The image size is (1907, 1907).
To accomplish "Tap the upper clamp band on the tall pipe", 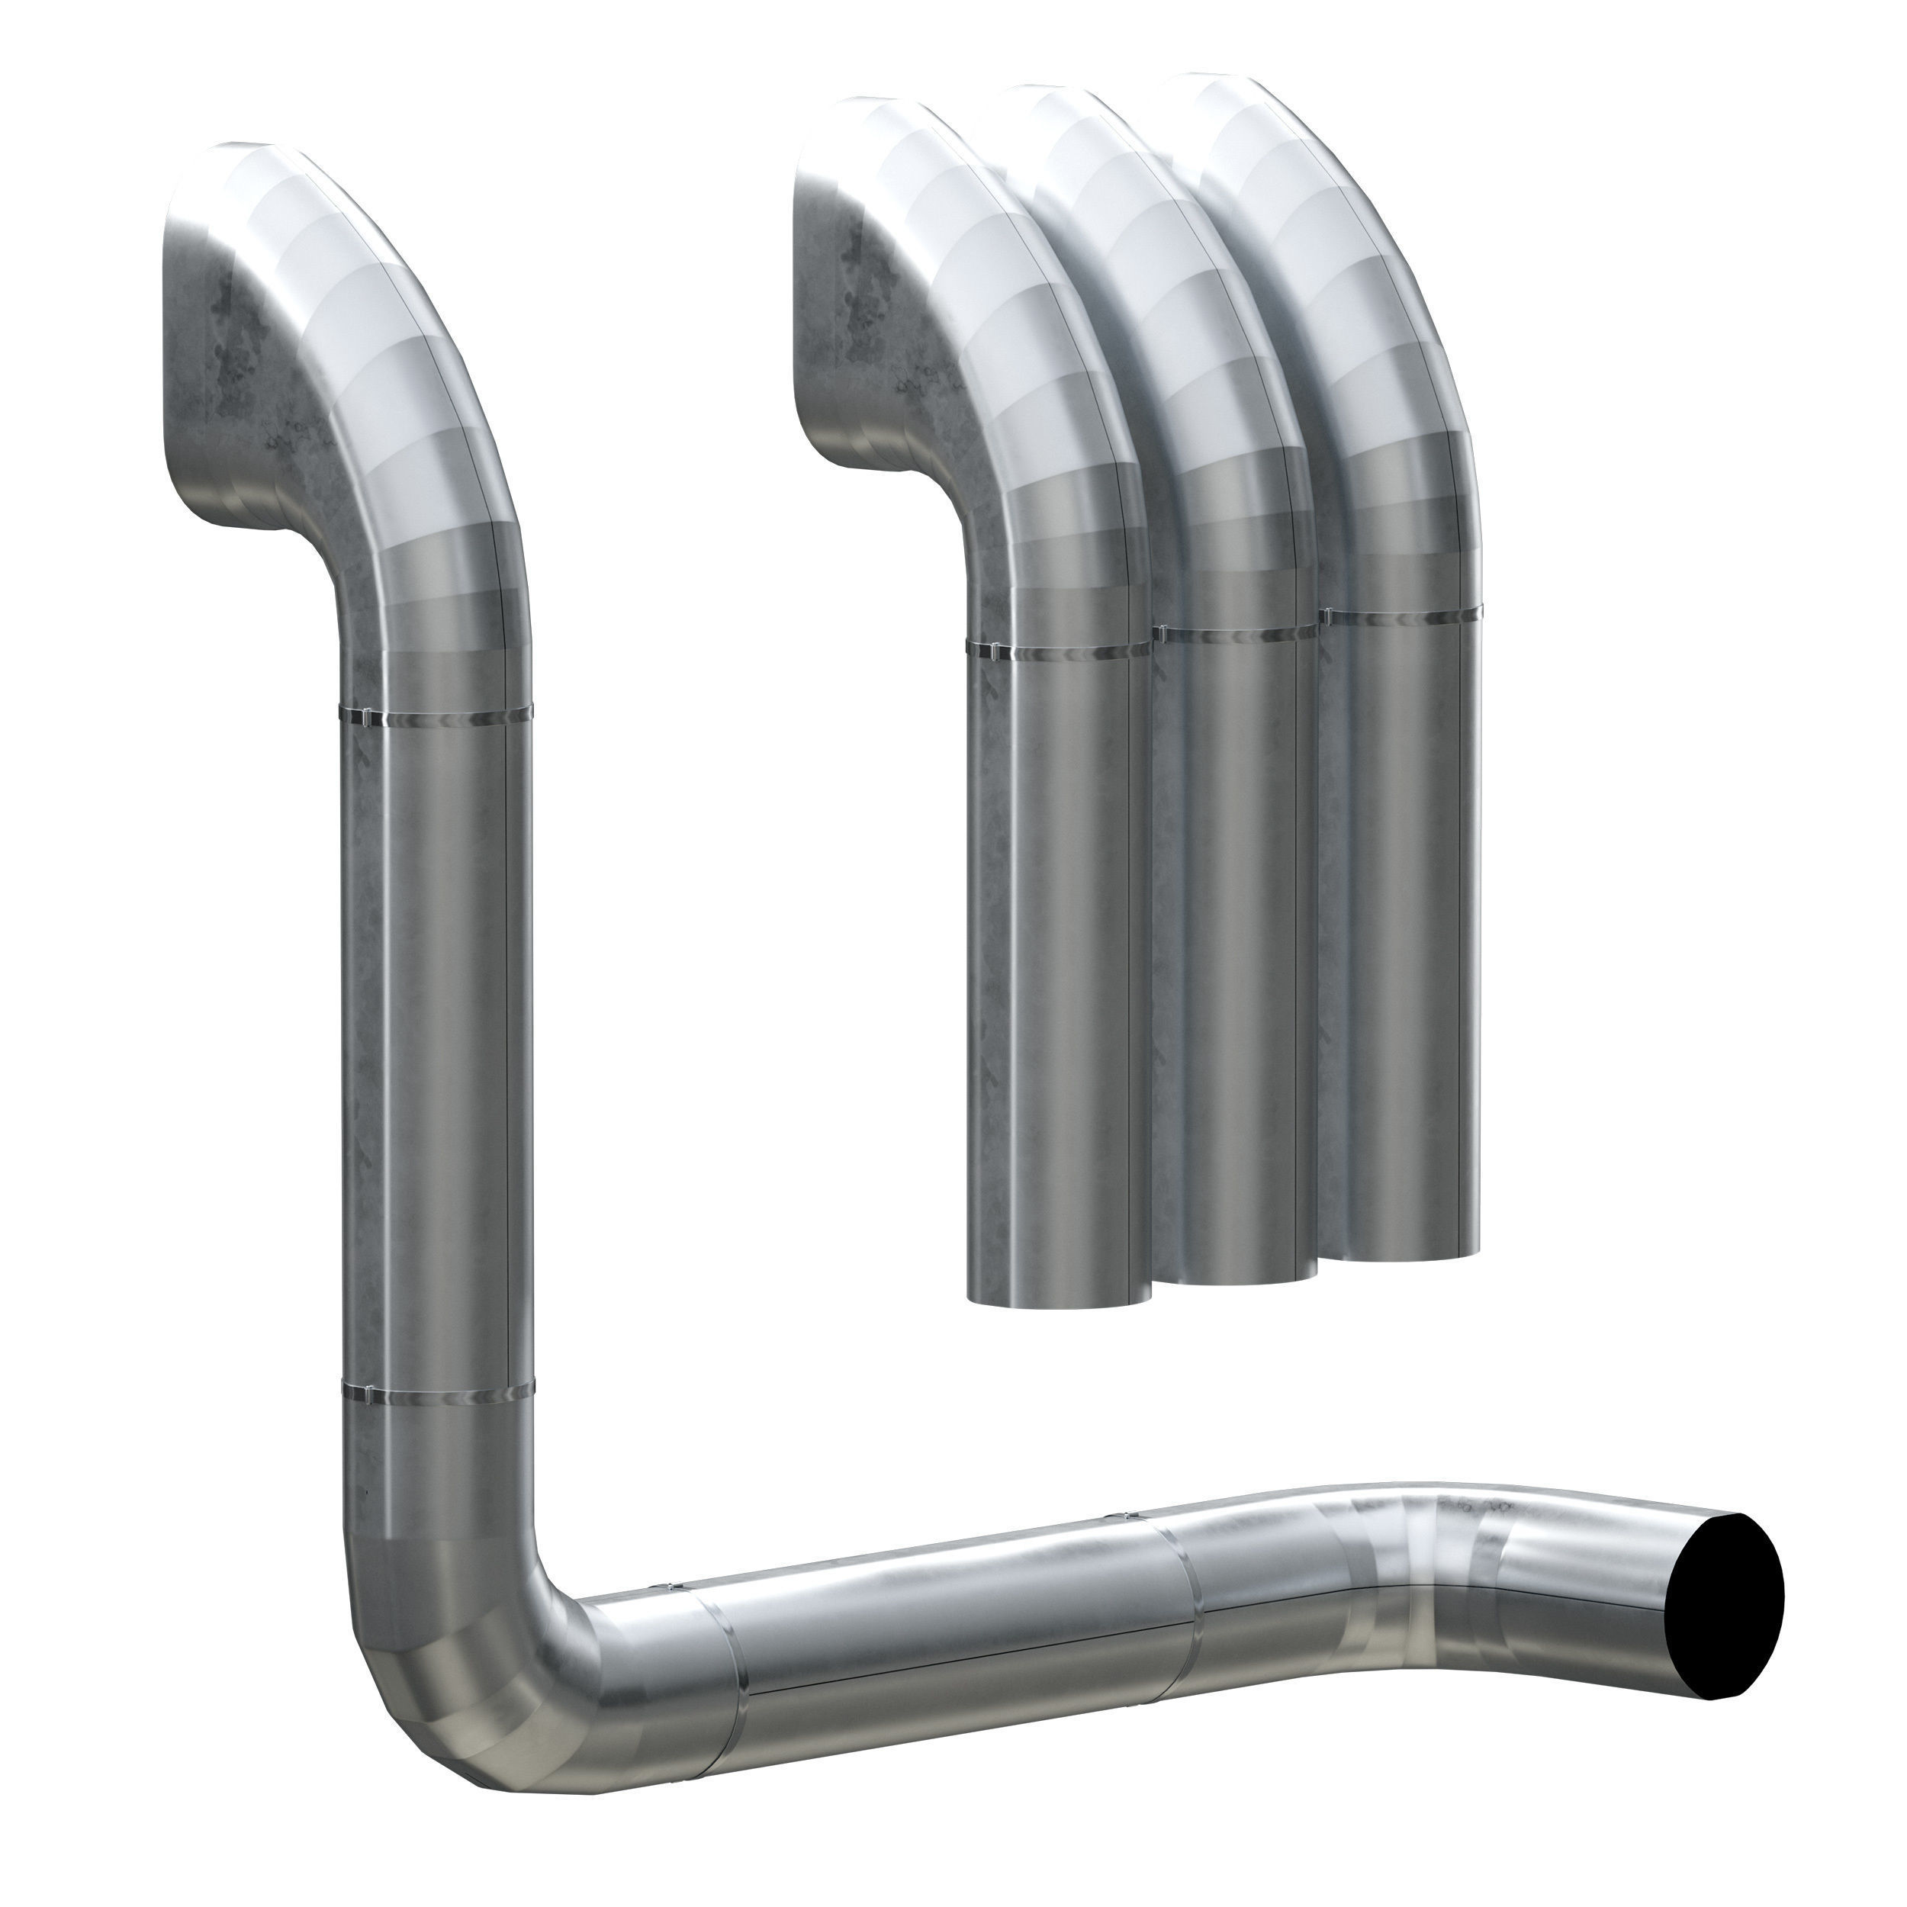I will point(434,712).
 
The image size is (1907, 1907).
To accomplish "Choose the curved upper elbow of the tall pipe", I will point(395,395).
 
